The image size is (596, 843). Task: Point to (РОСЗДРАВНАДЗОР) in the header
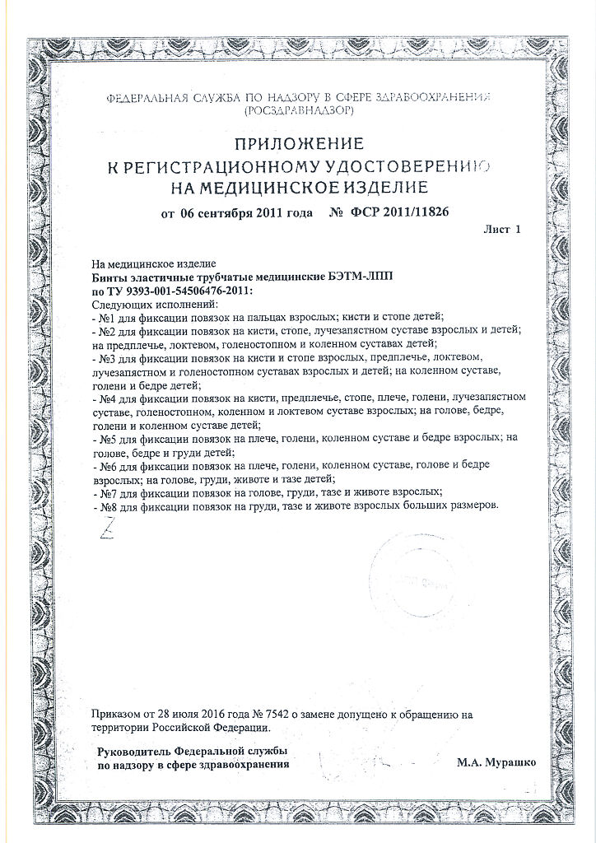(298, 109)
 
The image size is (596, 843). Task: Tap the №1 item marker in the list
(105, 316)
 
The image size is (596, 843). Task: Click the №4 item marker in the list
(105, 398)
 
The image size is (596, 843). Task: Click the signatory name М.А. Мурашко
(496, 763)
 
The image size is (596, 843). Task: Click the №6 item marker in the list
(105, 465)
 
